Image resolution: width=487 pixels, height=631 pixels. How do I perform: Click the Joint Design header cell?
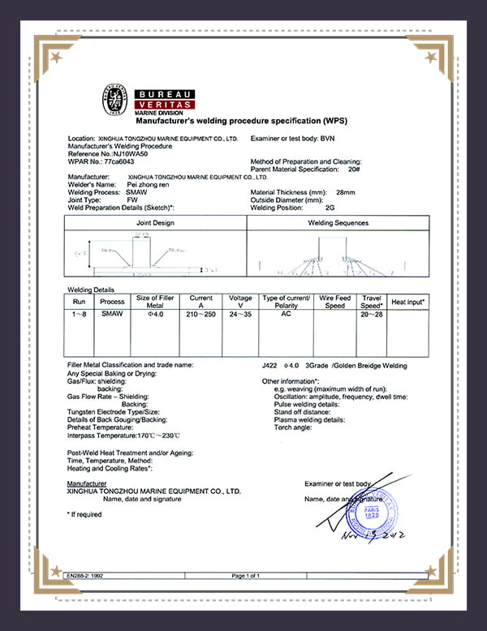(155, 222)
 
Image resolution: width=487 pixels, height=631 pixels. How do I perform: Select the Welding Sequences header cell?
(338, 222)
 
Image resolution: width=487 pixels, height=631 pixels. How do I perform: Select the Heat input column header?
(407, 302)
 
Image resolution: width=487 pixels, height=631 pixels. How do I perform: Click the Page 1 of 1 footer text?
(245, 575)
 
